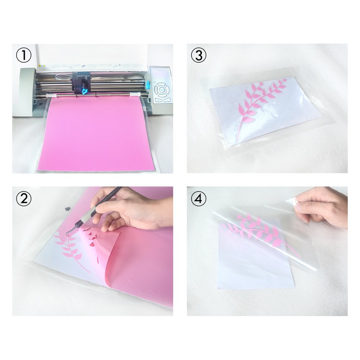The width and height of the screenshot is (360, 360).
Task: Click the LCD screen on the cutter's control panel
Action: pyautogui.click(x=161, y=75)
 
